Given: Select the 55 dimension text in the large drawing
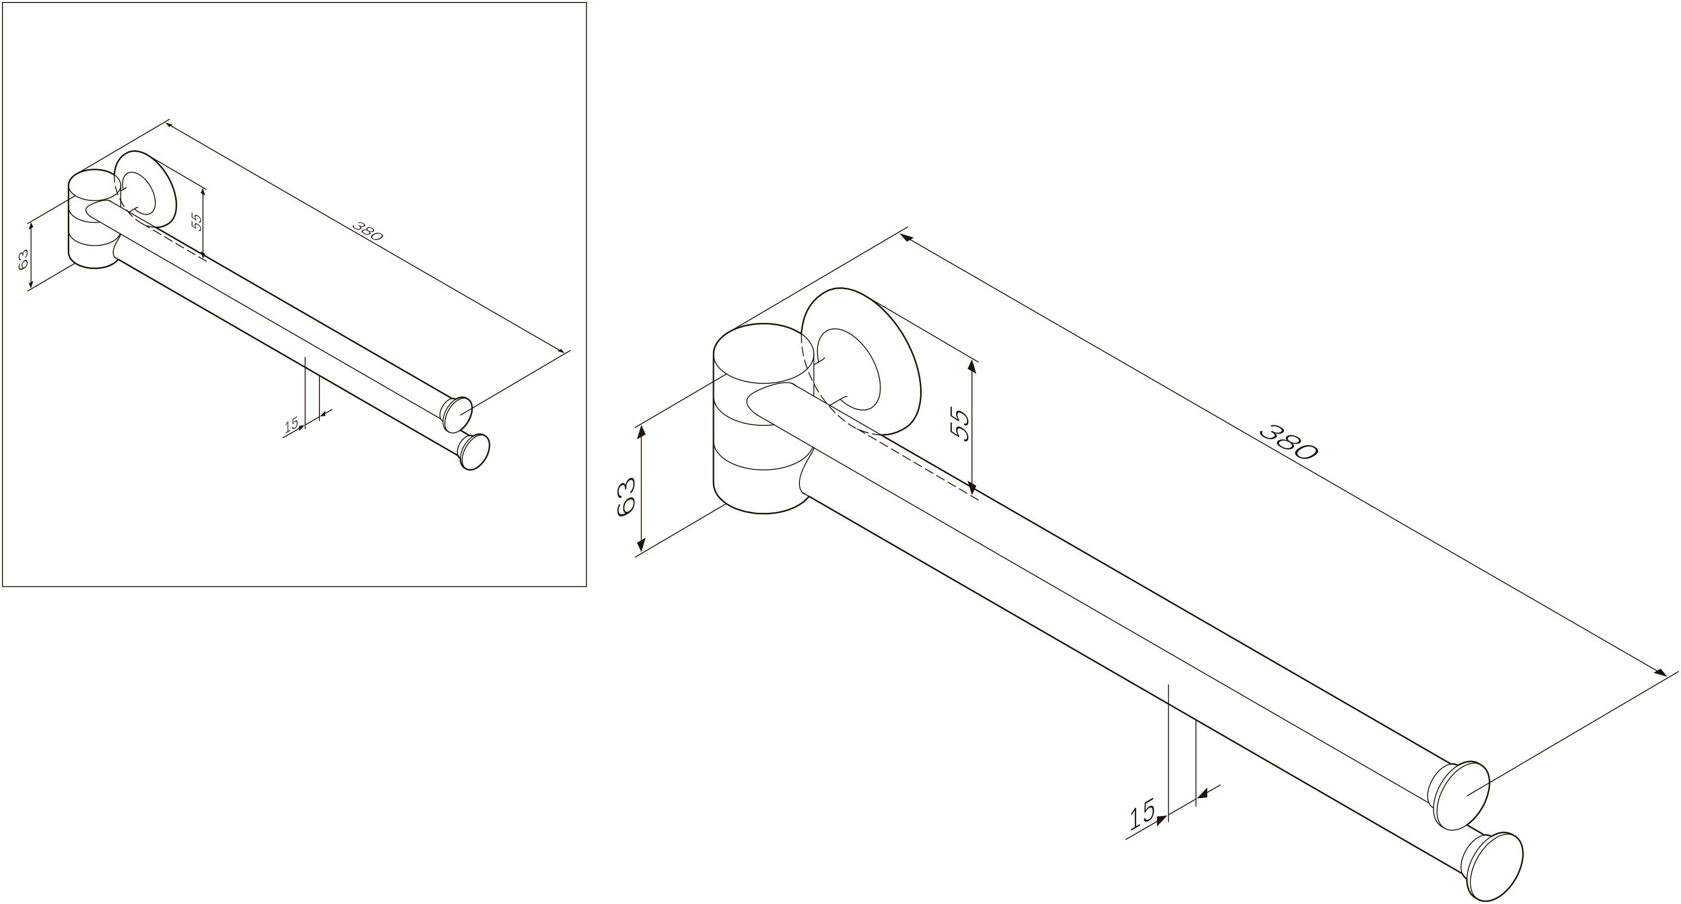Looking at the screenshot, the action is click(x=961, y=425).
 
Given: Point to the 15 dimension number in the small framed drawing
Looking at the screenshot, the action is click(x=291, y=425).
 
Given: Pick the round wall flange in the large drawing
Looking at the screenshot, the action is click(x=861, y=361).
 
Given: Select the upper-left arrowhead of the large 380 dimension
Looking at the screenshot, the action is click(x=908, y=238).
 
